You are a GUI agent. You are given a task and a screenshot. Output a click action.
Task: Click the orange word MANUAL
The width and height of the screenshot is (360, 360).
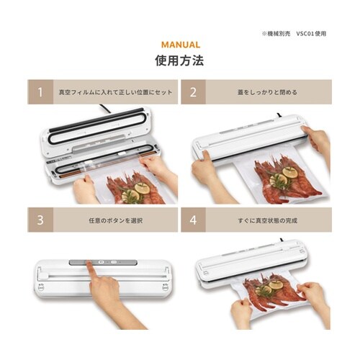tap(181, 45)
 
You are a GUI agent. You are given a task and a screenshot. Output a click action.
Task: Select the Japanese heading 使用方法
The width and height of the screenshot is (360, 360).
tap(179, 60)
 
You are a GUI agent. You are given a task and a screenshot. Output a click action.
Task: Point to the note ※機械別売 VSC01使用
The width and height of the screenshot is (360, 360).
tap(294, 34)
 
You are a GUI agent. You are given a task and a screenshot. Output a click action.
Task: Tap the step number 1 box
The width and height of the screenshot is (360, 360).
tap(40, 92)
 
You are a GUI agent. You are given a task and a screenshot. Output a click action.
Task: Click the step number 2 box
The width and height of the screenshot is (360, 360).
tap(194, 92)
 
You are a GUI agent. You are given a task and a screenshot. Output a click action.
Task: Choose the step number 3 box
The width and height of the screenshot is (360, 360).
tap(40, 220)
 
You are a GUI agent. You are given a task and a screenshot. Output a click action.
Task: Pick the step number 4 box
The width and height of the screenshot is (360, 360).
tap(194, 220)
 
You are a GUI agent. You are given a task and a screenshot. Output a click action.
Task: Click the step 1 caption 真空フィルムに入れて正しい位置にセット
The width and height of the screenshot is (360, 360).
tap(116, 92)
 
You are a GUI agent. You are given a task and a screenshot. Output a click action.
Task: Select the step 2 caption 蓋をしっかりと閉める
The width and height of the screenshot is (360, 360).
tap(267, 92)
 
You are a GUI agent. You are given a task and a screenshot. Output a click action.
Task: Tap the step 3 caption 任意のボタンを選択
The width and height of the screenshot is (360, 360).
tap(116, 220)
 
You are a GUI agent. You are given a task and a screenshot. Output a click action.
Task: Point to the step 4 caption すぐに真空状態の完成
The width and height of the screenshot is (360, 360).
tap(268, 220)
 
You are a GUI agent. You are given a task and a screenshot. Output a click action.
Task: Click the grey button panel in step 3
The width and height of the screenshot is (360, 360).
tap(103, 262)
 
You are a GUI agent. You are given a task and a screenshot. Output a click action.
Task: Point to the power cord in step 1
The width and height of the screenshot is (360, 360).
tap(105, 109)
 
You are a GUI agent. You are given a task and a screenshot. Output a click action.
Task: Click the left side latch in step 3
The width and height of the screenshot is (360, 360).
tap(41, 287)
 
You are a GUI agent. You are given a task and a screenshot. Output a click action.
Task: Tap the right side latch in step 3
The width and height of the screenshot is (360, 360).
tap(166, 287)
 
